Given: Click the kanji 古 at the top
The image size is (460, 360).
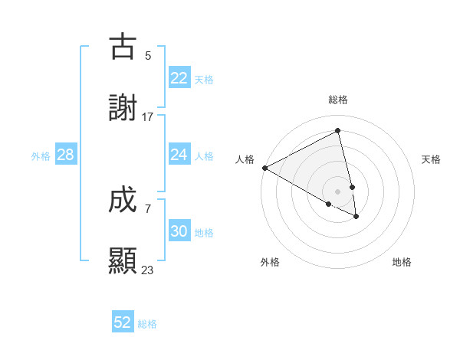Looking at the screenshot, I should pos(123,47).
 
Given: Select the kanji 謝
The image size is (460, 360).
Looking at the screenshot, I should pos(123,109).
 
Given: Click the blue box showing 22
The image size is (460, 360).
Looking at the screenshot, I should pos(179,78).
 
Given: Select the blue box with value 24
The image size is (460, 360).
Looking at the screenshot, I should pos(179,155).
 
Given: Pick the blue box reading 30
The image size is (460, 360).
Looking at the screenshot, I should pos(179,232).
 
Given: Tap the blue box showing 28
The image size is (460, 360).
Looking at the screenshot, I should pos(65,155).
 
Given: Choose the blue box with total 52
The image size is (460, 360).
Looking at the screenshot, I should pos(123,322).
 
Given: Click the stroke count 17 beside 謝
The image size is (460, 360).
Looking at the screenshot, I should pos(148,117).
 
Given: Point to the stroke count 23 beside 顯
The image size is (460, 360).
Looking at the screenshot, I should pos(148,270).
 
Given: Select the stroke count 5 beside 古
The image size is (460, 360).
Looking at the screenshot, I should pos(148,56).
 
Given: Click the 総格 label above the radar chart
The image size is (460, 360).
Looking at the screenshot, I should pos(338,100).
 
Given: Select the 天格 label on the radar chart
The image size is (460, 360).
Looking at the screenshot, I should pos(431,159).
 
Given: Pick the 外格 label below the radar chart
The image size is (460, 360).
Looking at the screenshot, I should pos(270,262).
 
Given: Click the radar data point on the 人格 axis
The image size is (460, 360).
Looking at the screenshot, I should pos(264,168).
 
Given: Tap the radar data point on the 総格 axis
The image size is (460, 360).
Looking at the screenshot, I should pos(338,131).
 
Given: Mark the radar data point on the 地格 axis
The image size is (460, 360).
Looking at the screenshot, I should pos(356,217).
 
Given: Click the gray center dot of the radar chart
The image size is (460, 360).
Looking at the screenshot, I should pos(338,191).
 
